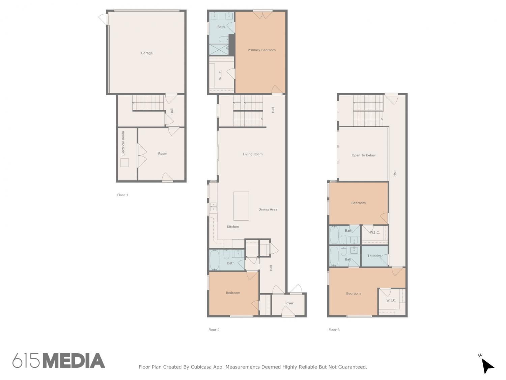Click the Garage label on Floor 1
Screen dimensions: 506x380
[147, 53]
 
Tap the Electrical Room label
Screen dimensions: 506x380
[123, 143]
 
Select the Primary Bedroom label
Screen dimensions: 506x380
[261, 50]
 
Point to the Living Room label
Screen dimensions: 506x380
[252, 154]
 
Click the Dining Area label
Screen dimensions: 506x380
[268, 209]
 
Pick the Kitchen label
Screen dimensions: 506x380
[233, 227]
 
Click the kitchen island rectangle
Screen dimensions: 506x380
[241, 206]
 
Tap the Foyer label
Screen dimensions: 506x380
[289, 303]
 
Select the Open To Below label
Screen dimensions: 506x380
[363, 155]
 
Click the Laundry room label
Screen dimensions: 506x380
[374, 256]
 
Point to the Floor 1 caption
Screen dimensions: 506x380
[122, 195]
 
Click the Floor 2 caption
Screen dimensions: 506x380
[214, 330]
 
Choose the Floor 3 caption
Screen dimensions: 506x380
[334, 330]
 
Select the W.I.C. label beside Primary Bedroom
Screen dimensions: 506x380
[220, 75]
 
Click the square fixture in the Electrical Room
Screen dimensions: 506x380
[124, 163]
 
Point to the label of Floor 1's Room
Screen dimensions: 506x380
[163, 154]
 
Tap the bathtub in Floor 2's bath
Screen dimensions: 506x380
[215, 260]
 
